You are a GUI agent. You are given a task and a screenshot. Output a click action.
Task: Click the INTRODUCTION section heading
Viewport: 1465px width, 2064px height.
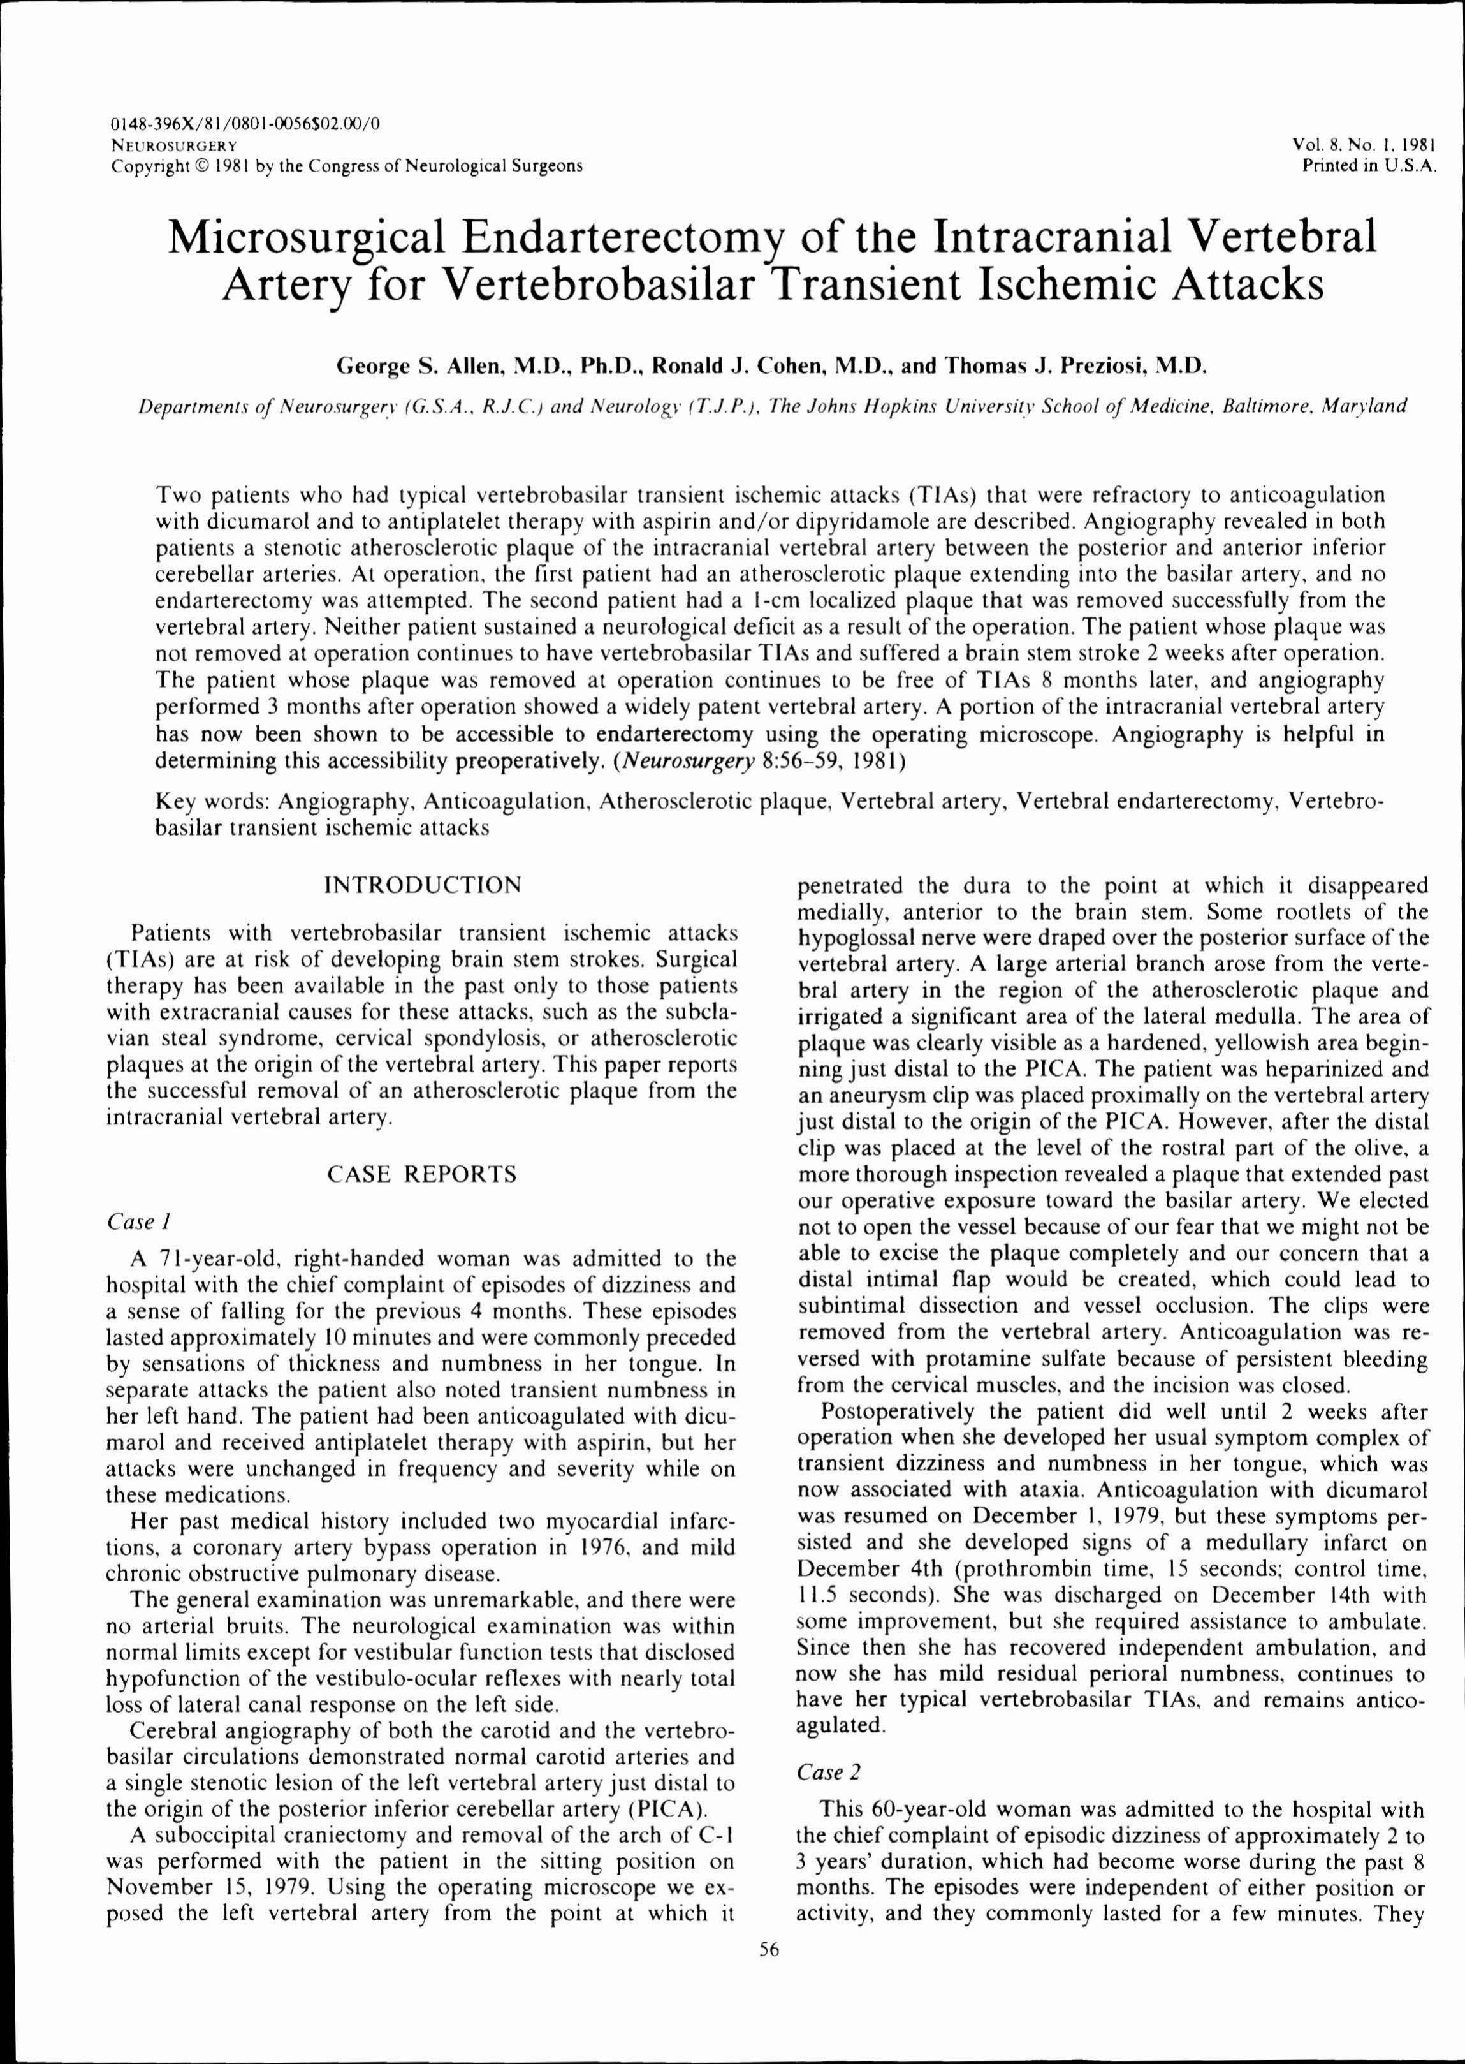[422, 885]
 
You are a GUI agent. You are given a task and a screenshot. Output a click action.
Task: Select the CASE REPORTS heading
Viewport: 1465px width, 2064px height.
[422, 1174]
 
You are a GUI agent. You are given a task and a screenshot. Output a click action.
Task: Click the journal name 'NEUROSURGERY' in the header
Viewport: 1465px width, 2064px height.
[173, 144]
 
